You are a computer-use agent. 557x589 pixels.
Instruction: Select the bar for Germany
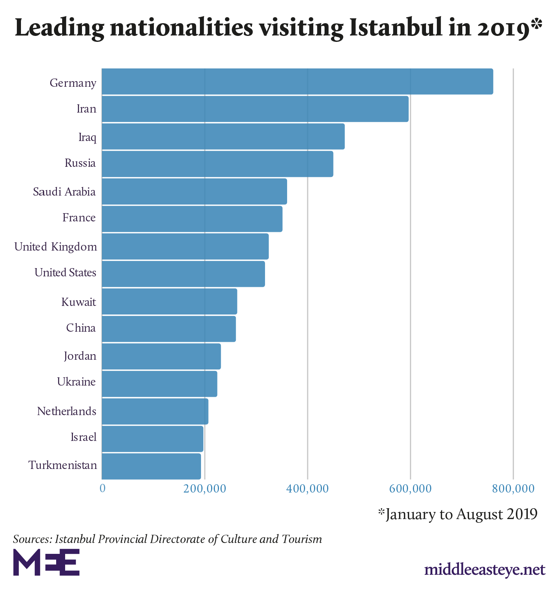tap(297, 82)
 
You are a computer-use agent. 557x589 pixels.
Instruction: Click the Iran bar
tap(255, 109)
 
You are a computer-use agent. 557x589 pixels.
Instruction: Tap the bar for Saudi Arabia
tap(194, 191)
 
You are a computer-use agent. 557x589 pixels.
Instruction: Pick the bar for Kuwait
tap(169, 301)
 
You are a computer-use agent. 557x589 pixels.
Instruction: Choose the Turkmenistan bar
tap(151, 466)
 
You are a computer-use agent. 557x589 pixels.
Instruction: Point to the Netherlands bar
tap(155, 411)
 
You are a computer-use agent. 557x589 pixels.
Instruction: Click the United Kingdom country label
tap(56, 247)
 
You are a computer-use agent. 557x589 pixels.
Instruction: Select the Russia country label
tap(80, 163)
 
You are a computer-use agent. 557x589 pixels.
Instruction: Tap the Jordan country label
tap(80, 356)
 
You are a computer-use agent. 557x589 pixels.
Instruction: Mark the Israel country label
tap(83, 437)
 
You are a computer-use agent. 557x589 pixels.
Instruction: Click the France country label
tap(79, 218)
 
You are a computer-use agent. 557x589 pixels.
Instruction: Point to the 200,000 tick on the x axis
tap(205, 488)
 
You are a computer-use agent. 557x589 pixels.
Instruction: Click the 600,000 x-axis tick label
tap(410, 488)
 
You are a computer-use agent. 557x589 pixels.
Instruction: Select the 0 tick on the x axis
tap(102, 488)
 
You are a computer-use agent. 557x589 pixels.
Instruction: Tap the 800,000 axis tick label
tap(513, 488)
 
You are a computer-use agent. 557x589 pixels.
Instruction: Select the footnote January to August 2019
tap(457, 514)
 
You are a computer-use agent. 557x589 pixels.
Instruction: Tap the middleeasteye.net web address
tap(485, 570)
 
